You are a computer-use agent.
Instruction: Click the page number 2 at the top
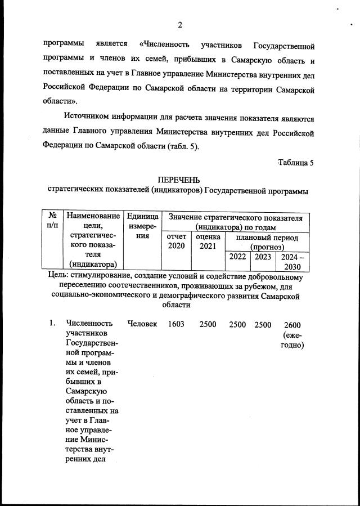click(x=179, y=25)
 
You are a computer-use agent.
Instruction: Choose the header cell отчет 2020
click(x=176, y=243)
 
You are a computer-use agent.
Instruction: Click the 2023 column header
click(x=262, y=257)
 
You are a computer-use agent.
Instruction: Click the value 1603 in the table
click(x=176, y=324)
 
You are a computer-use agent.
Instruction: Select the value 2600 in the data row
click(x=292, y=324)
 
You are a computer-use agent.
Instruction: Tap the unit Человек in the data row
click(x=142, y=324)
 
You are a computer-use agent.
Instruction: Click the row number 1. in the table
click(x=52, y=324)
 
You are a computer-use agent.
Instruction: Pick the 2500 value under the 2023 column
click(x=263, y=324)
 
